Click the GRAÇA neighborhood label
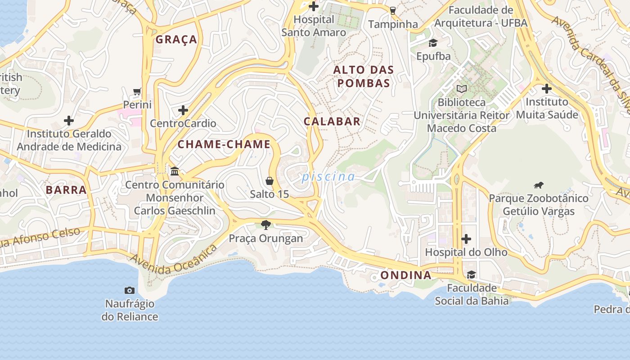pyautogui.click(x=176, y=40)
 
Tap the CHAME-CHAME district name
pyautogui.click(x=224, y=144)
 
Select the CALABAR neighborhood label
pyautogui.click(x=332, y=121)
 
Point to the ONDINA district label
pyautogui.click(x=406, y=275)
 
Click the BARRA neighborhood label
pyautogui.click(x=66, y=190)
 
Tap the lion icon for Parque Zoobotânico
pyautogui.click(x=539, y=185)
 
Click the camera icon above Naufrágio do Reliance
pyautogui.click(x=130, y=291)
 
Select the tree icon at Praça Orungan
pyautogui.click(x=266, y=225)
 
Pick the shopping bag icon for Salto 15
pyautogui.click(x=270, y=181)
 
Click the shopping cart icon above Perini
pyautogui.click(x=137, y=91)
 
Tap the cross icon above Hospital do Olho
pyautogui.click(x=466, y=238)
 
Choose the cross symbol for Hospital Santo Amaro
pyautogui.click(x=314, y=6)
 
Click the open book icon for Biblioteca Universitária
pyautogui.click(x=462, y=89)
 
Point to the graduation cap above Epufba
pyautogui.click(x=433, y=43)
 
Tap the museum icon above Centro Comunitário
pyautogui.click(x=175, y=171)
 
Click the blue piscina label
pyautogui.click(x=328, y=177)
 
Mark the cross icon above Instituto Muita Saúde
pyautogui.click(x=547, y=89)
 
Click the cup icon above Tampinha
pyautogui.click(x=393, y=10)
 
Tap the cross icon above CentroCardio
pyautogui.click(x=183, y=110)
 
